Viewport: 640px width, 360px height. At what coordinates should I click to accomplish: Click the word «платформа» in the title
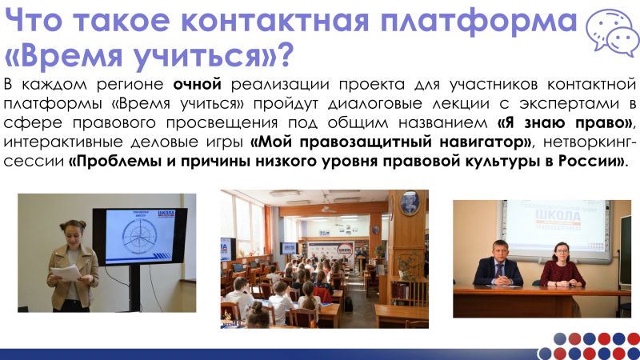coord(478,22)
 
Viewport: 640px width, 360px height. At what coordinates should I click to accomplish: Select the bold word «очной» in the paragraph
coord(197,84)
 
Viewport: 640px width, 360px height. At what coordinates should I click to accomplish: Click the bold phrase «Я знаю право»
coord(564,122)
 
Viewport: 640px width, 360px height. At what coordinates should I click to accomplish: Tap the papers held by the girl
coord(66,272)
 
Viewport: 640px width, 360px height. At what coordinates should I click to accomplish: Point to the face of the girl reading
coord(72,235)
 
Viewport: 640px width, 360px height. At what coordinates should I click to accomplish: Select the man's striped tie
coord(498,270)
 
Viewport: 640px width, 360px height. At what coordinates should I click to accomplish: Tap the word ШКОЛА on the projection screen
coord(558,215)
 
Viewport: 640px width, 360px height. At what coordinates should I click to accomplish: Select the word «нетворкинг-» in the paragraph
coord(590,142)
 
